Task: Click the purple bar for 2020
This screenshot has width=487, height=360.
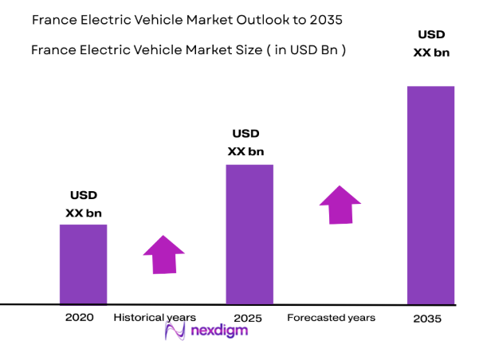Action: tap(84, 264)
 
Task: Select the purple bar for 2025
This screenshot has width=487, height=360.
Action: tap(249, 234)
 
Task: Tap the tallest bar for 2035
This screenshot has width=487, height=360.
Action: tap(430, 195)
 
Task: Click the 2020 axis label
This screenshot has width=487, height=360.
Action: tap(80, 317)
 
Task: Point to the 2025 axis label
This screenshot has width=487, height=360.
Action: tap(248, 318)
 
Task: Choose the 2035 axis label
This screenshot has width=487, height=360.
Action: tap(429, 319)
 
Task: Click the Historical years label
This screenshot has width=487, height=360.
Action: tap(155, 317)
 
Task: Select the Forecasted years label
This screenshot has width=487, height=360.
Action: tap(331, 318)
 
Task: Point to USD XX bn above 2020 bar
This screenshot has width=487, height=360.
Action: tap(84, 204)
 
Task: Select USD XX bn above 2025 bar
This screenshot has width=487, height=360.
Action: tap(245, 143)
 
